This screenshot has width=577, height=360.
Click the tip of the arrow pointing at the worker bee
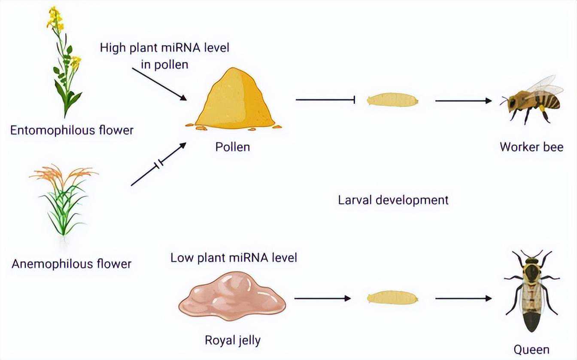(492, 101)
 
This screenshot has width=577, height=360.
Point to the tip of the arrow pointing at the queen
(492, 299)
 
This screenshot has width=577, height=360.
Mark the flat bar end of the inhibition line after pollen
(355, 100)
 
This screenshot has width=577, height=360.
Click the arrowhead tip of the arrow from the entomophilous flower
(187, 100)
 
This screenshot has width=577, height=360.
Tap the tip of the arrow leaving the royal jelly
(351, 299)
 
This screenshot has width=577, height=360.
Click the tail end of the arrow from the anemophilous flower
(131, 185)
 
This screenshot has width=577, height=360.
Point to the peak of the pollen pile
(234, 68)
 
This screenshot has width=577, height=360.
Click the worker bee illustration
(531, 100)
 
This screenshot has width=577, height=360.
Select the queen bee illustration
(531, 291)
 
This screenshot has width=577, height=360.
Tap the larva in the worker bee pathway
(392, 100)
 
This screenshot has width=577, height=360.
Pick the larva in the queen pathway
(392, 298)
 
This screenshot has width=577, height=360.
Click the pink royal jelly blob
(232, 296)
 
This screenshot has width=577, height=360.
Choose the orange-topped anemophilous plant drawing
(64, 200)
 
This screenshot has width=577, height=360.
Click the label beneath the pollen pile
(233, 147)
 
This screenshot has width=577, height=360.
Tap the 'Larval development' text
(393, 200)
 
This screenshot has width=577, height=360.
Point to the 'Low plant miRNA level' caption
(234, 258)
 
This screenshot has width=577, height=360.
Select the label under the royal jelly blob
(233, 340)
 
